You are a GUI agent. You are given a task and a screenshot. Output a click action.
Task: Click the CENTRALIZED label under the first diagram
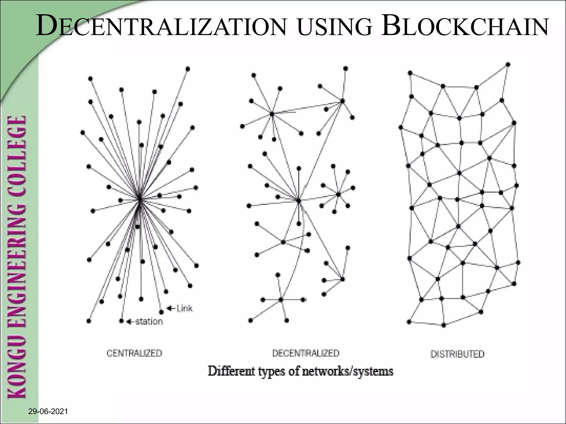coord(134,353)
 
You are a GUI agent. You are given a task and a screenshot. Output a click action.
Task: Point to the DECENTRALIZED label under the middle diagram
coord(306,353)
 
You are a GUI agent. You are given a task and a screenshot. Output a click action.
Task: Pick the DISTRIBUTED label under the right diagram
coord(457,354)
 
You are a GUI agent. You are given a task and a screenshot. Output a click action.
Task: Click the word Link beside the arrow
coord(184,308)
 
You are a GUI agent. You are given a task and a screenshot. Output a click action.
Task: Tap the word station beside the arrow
coord(149,321)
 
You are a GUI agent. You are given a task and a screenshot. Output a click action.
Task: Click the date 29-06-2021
coord(48,412)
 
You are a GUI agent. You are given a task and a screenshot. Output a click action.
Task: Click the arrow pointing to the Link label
coord(171,308)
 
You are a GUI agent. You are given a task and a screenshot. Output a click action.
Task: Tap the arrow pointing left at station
coord(130,322)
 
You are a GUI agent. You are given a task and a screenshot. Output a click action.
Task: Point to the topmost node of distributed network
coord(508,65)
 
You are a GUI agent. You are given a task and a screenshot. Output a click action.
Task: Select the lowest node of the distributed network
coord(444,325)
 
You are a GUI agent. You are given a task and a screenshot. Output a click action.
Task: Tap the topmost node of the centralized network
coord(188,69)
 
